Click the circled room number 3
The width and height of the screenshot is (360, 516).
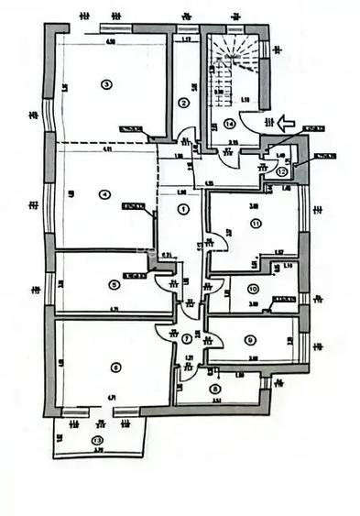[107, 85]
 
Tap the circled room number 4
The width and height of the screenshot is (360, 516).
[106, 193]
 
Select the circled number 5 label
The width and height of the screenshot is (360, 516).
[113, 284]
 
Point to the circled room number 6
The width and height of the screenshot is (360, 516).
[114, 368]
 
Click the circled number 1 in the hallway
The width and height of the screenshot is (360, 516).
[185, 209]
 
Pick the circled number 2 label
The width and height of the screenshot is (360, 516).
[183, 103]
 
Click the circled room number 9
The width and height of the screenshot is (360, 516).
[248, 341]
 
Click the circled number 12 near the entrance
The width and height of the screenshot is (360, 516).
[282, 171]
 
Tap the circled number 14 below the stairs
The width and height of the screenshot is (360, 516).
[229, 122]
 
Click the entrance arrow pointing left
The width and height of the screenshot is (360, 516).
[285, 119]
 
